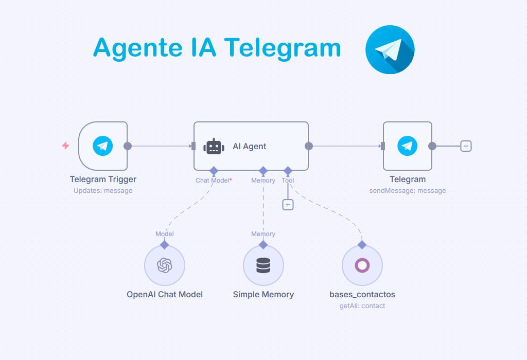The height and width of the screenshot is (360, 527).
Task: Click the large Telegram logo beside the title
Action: click(x=390, y=49)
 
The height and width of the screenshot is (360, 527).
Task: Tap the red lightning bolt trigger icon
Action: click(x=65, y=146)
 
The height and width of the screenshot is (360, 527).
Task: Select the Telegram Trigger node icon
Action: click(x=103, y=146)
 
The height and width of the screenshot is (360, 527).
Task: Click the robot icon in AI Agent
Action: click(x=214, y=147)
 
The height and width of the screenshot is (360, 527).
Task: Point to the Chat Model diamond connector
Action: click(x=214, y=170)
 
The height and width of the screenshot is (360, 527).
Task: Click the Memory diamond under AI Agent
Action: click(x=263, y=170)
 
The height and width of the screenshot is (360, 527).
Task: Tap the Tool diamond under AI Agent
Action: click(x=288, y=170)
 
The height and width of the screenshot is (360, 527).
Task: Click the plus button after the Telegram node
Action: click(x=466, y=146)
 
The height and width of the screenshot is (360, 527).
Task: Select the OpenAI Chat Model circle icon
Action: click(x=165, y=265)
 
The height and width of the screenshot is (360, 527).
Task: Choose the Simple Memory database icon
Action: click(x=263, y=265)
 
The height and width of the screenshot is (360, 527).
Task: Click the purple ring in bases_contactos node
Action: click(x=362, y=265)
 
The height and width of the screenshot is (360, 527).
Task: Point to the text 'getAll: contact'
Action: click(x=362, y=306)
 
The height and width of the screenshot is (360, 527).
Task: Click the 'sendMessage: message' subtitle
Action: click(x=408, y=191)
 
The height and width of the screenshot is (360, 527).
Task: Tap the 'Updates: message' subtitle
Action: click(x=103, y=191)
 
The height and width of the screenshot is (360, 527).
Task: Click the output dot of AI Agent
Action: click(x=309, y=146)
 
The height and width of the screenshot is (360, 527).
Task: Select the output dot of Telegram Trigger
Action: click(x=128, y=146)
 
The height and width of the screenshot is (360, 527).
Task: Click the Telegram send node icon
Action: click(x=408, y=146)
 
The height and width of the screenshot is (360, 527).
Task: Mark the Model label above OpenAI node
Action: click(x=165, y=234)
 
